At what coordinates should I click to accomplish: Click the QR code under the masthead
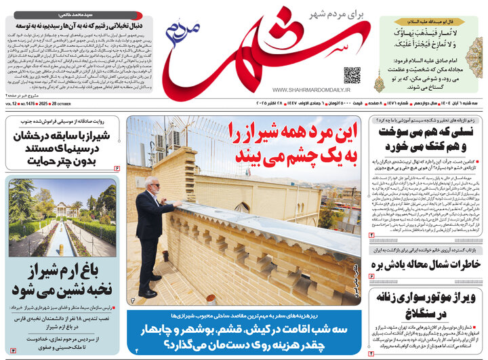351,75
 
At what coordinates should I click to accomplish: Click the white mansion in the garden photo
62,207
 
